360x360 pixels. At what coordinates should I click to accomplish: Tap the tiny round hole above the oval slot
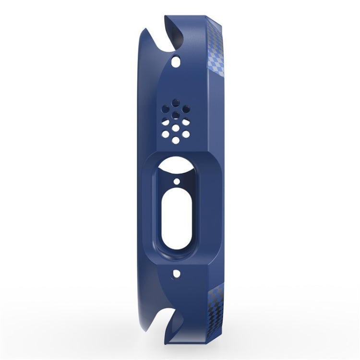pos(176,182)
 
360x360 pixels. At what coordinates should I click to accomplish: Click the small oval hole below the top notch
pos(177,62)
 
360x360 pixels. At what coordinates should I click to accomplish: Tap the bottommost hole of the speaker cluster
pos(176,140)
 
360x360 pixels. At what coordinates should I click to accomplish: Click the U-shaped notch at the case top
pos(174,36)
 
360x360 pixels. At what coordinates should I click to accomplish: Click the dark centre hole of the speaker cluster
pos(176,115)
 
